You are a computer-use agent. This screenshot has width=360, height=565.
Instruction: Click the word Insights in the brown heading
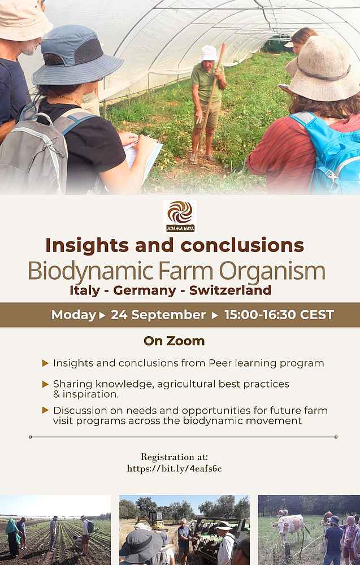pos(87,245)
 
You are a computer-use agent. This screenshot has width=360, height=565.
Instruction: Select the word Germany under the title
pos(145,290)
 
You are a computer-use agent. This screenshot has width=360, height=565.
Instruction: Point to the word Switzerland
pos(230,290)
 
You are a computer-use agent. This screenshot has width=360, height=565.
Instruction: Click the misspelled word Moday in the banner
pos(73,315)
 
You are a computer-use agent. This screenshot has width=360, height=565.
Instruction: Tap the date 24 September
pos(158,315)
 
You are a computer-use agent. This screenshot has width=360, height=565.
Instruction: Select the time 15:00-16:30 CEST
pos(279,315)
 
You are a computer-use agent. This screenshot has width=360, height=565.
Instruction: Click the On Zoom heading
pos(174,341)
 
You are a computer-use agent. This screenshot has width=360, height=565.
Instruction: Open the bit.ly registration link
pos(175,468)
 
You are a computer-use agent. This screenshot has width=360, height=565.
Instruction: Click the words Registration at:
pos(175,457)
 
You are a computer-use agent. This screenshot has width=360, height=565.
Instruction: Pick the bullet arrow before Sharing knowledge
pos(45,384)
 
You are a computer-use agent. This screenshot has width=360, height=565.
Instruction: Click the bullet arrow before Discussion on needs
pos(45,410)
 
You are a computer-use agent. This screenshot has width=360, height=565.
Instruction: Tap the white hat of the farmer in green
pos(209,53)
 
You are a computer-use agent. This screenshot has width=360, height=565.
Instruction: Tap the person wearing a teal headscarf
pos(12,537)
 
